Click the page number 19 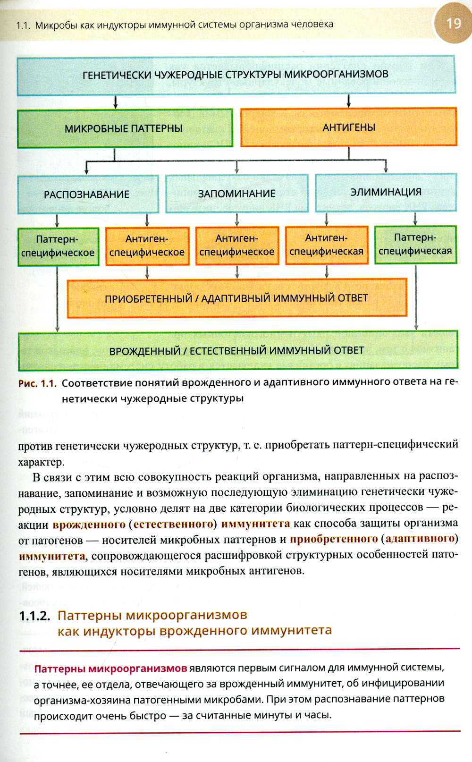click(x=453, y=23)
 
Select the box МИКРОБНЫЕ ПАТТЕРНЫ click(x=125, y=128)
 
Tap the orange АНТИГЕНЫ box click(x=349, y=127)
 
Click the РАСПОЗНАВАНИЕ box click(x=88, y=194)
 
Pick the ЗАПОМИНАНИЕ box click(x=236, y=194)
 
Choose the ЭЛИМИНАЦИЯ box click(x=386, y=192)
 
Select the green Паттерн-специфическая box click(x=415, y=245)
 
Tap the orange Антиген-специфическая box click(x=327, y=245)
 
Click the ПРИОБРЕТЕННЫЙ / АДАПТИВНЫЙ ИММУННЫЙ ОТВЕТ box click(x=236, y=298)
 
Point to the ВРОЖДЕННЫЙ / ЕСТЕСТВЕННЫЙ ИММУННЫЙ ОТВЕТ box click(x=237, y=351)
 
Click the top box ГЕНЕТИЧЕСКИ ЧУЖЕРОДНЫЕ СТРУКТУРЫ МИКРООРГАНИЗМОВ click(x=236, y=75)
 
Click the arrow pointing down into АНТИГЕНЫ click(x=349, y=101)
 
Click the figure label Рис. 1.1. click(x=37, y=383)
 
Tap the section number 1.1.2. click(x=34, y=616)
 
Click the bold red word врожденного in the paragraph click(x=89, y=525)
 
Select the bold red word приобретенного click(x=334, y=539)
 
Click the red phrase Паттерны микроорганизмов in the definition click(x=111, y=669)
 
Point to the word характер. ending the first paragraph click(x=41, y=462)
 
